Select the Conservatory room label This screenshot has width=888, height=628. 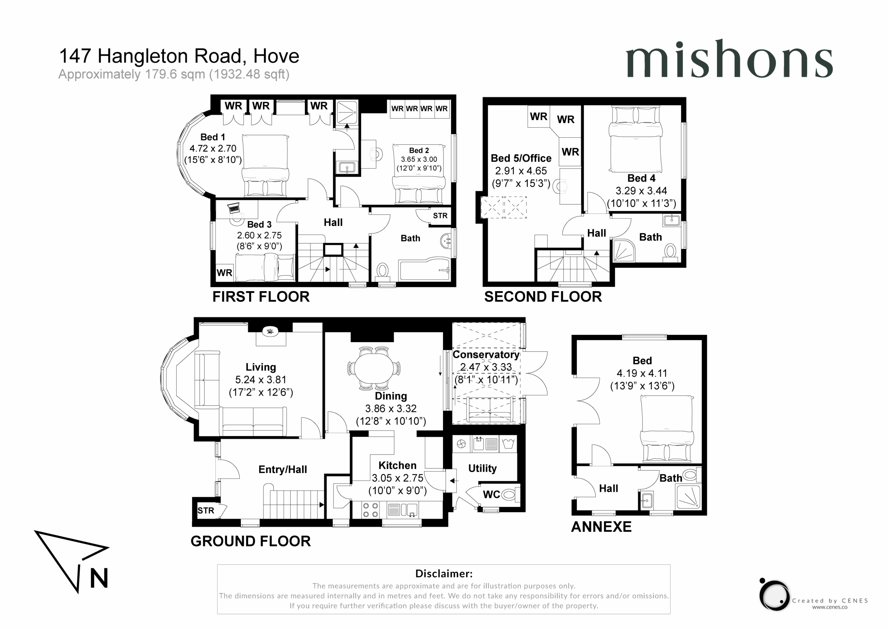(x=486, y=355)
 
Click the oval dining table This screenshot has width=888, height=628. (x=374, y=368)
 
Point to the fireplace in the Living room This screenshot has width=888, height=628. (x=270, y=331)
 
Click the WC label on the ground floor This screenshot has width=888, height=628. (x=491, y=494)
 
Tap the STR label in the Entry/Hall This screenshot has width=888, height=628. (x=206, y=510)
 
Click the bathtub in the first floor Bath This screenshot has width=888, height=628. (x=425, y=268)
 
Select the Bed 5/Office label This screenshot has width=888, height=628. (x=521, y=158)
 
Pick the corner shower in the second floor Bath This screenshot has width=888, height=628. (x=624, y=251)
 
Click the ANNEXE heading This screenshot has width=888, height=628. (x=601, y=527)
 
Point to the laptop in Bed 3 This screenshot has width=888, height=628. (x=233, y=208)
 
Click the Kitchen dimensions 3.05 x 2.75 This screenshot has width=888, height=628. (x=398, y=478)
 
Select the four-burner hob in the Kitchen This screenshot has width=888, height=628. (x=370, y=510)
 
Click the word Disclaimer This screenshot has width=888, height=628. (x=444, y=574)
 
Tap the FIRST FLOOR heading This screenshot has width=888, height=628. (x=261, y=297)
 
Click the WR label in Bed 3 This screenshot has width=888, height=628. (x=224, y=273)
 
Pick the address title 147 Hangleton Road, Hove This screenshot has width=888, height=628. (x=179, y=56)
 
